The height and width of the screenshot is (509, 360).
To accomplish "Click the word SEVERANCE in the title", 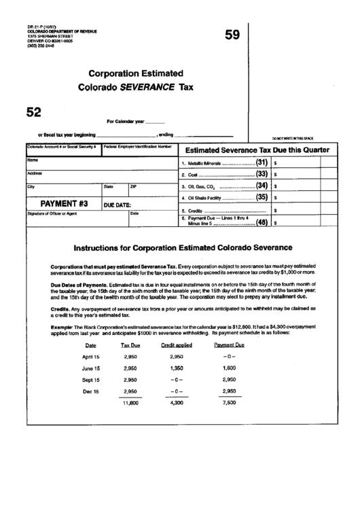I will [x=148, y=87].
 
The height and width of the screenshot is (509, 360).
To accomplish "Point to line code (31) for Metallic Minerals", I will [x=261, y=163].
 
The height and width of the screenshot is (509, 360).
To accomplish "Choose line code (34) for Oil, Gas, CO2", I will [x=261, y=186].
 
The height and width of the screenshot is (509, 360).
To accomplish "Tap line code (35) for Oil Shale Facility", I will [x=261, y=198].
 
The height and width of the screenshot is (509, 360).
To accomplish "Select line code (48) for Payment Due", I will [x=261, y=222].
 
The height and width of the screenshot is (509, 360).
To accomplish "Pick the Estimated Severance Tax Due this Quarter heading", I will [x=257, y=150].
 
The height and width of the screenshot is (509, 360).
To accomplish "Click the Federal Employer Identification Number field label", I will [x=138, y=147].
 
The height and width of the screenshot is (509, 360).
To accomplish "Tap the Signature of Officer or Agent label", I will [x=52, y=214].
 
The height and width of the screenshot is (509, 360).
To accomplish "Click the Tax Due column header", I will [x=130, y=346].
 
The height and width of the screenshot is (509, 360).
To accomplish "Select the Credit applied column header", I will [x=176, y=346].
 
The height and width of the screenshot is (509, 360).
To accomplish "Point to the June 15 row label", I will [x=90, y=368].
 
